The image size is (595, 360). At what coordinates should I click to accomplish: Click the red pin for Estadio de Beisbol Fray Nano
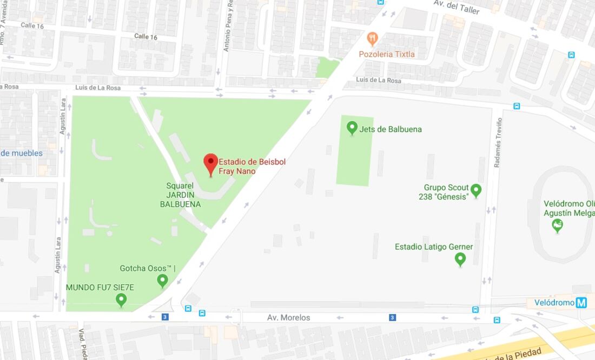click(x=210, y=163)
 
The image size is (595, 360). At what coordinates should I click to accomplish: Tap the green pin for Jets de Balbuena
click(x=352, y=128)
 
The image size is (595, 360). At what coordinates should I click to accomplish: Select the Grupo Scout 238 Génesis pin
click(x=476, y=190)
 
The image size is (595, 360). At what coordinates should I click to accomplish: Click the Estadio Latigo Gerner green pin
click(x=460, y=258)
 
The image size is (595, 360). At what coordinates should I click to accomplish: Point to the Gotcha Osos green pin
click(x=162, y=280)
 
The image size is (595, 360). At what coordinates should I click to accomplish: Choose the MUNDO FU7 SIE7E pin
click(x=121, y=299)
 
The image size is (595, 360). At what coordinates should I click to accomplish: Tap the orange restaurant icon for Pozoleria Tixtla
click(x=372, y=39)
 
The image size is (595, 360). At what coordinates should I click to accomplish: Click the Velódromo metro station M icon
click(x=581, y=303)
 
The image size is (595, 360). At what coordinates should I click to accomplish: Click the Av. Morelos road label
click(x=288, y=318)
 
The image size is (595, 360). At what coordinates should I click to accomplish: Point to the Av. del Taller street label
click(x=457, y=7)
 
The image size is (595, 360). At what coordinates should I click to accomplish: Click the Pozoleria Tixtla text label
click(x=387, y=54)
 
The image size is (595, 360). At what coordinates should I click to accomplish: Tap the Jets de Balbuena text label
click(x=391, y=129)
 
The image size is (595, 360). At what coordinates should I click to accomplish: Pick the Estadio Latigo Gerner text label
click(x=434, y=247)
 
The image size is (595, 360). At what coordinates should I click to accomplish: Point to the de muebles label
click(x=22, y=153)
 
